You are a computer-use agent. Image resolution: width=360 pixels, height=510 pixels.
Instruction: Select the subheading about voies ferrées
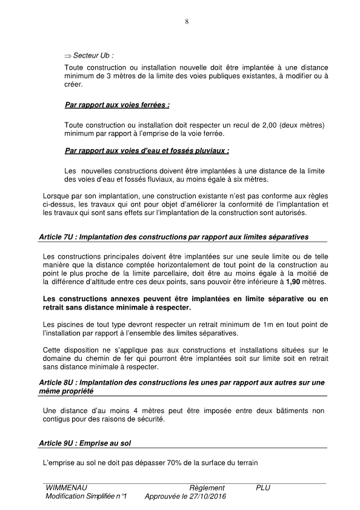point(116,105)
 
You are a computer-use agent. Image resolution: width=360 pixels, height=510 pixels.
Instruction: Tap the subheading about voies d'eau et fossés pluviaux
point(147,150)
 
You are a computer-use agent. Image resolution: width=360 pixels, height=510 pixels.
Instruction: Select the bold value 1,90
point(294,283)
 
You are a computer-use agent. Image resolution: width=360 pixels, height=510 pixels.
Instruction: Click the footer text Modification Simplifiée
point(81,497)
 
